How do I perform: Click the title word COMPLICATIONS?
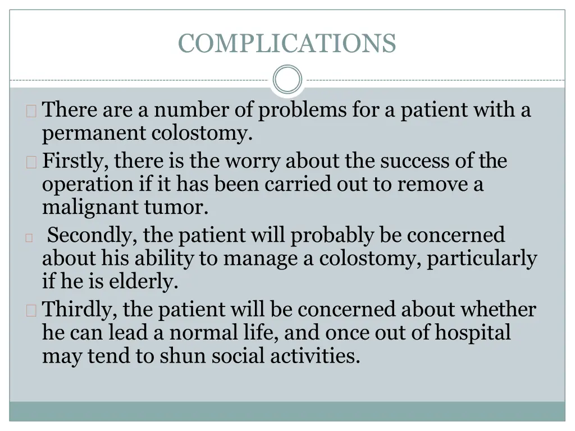(x=287, y=43)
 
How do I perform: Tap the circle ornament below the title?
(x=287, y=80)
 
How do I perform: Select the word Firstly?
(x=75, y=161)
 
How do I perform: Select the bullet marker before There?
(x=31, y=111)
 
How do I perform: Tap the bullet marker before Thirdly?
(x=31, y=310)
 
